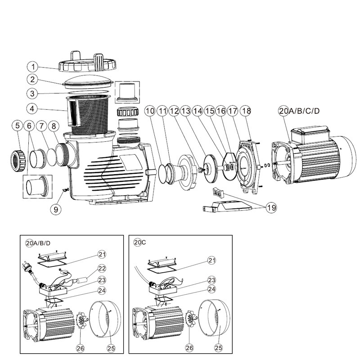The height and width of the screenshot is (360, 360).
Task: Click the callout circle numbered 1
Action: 33,67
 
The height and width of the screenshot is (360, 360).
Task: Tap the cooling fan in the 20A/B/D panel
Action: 81,324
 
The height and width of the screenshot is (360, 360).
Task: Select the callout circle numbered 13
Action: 186,111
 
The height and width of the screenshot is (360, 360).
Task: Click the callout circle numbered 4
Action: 33,109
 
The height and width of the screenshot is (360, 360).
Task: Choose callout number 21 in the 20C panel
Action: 212,260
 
